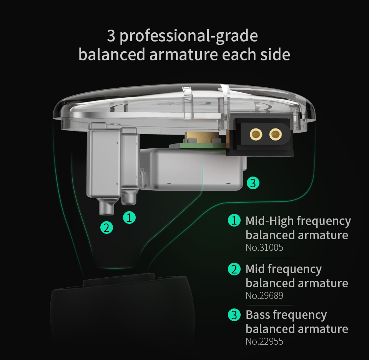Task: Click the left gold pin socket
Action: coord(256,135)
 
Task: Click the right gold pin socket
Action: coord(276,135)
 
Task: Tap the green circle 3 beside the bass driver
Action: coord(253,183)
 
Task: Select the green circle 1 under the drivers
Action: coord(130,217)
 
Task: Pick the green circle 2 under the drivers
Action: coord(106,228)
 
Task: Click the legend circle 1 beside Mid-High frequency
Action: coord(234,220)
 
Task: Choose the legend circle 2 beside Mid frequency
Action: coord(234,269)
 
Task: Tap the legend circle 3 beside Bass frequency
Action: coord(234,315)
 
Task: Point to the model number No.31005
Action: coord(264,247)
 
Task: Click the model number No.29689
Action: coord(264,295)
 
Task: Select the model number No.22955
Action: coord(264,341)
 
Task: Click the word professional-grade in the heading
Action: coord(189,37)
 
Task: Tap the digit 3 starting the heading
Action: coord(111,36)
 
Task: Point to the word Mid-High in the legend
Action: coord(270,221)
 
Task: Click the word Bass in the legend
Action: coord(258,315)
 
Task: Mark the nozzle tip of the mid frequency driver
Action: coord(106,213)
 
